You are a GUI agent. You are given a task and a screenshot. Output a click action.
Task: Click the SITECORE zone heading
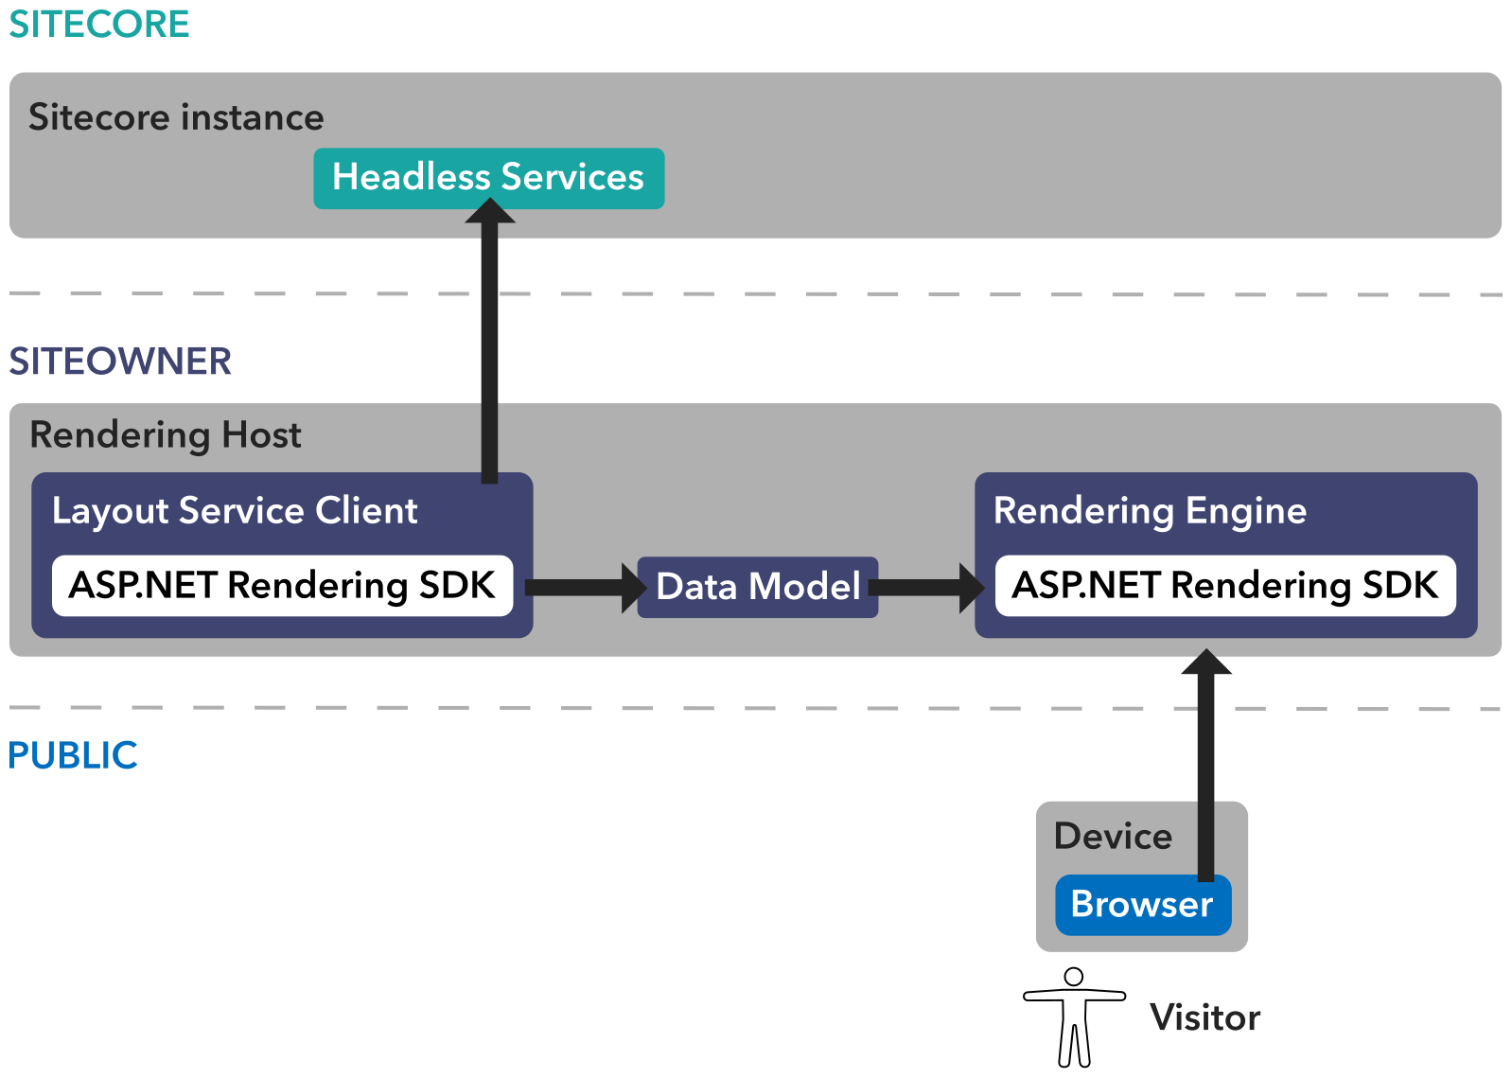(98, 24)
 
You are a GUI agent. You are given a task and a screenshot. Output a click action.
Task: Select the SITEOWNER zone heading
(120, 361)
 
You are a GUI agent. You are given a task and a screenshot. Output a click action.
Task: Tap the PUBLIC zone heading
(73, 755)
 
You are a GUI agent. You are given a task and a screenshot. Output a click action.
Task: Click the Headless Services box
(488, 178)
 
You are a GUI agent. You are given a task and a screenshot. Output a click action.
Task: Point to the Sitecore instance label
(176, 117)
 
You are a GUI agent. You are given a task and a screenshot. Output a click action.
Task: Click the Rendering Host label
(166, 435)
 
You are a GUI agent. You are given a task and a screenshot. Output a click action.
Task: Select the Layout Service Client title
(235, 511)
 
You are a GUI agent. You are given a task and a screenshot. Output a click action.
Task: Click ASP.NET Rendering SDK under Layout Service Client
(282, 586)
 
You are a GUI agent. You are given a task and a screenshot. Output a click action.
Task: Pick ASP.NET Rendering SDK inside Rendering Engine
(1225, 586)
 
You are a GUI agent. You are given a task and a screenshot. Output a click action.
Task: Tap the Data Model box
(758, 587)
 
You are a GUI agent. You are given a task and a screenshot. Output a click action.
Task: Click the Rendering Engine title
(1150, 511)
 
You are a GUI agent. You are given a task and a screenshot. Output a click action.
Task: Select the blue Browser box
(1142, 905)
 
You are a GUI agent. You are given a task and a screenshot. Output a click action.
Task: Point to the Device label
(1113, 837)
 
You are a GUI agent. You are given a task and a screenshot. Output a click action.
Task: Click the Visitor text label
(1204, 1017)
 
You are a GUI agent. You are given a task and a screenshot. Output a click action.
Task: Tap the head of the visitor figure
(1074, 976)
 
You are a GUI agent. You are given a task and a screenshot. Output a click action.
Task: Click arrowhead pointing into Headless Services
(490, 210)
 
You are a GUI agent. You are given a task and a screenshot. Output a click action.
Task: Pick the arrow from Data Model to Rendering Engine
(927, 587)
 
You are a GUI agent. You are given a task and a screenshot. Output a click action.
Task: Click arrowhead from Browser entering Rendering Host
(1206, 662)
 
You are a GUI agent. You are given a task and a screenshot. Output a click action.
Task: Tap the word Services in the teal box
(572, 178)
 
